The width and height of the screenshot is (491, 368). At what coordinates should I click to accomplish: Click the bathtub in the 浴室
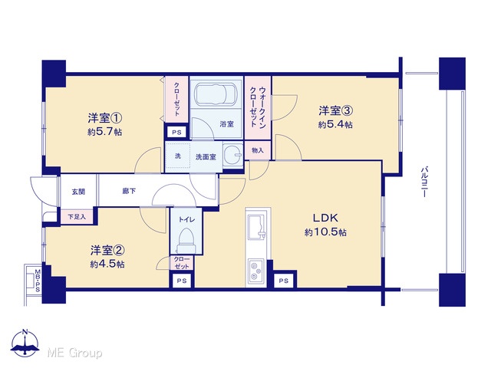pyautogui.click(x=216, y=94)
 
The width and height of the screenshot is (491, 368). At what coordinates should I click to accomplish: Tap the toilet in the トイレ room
pyautogui.click(x=186, y=240)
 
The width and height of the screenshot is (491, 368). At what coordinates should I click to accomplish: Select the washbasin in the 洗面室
pyautogui.click(x=232, y=155)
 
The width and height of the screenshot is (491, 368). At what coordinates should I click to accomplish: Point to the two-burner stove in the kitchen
pyautogui.click(x=255, y=270)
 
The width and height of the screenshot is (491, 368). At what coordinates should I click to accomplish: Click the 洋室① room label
pyautogui.click(x=104, y=118)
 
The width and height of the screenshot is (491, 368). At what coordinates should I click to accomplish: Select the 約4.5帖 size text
pyautogui.click(x=107, y=264)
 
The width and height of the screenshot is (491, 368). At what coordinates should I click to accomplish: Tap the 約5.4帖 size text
pyautogui.click(x=335, y=125)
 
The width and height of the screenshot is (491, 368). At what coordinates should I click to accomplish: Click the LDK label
pyautogui.click(x=325, y=218)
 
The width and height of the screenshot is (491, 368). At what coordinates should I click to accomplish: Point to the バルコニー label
pyautogui.click(x=424, y=182)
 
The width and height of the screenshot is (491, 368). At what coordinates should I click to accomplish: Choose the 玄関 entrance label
pyautogui.click(x=78, y=192)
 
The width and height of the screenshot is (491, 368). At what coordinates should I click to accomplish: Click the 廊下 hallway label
pyautogui.click(x=129, y=191)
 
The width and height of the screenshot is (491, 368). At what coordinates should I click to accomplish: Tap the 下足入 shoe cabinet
pyautogui.click(x=77, y=216)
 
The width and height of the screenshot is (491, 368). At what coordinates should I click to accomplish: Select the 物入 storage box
pyautogui.click(x=258, y=150)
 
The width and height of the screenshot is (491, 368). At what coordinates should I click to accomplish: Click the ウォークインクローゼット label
pyautogui.click(x=258, y=107)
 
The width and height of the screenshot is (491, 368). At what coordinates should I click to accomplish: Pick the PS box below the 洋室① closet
pyautogui.click(x=176, y=133)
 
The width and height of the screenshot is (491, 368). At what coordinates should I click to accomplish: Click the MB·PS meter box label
pyautogui.click(x=38, y=281)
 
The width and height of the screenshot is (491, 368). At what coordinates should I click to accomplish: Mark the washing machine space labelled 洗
pyautogui.click(x=178, y=156)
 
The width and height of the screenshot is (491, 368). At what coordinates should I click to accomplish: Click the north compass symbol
pyautogui.click(x=25, y=343)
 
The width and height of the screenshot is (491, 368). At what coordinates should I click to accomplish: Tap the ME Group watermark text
pyautogui.click(x=74, y=353)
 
